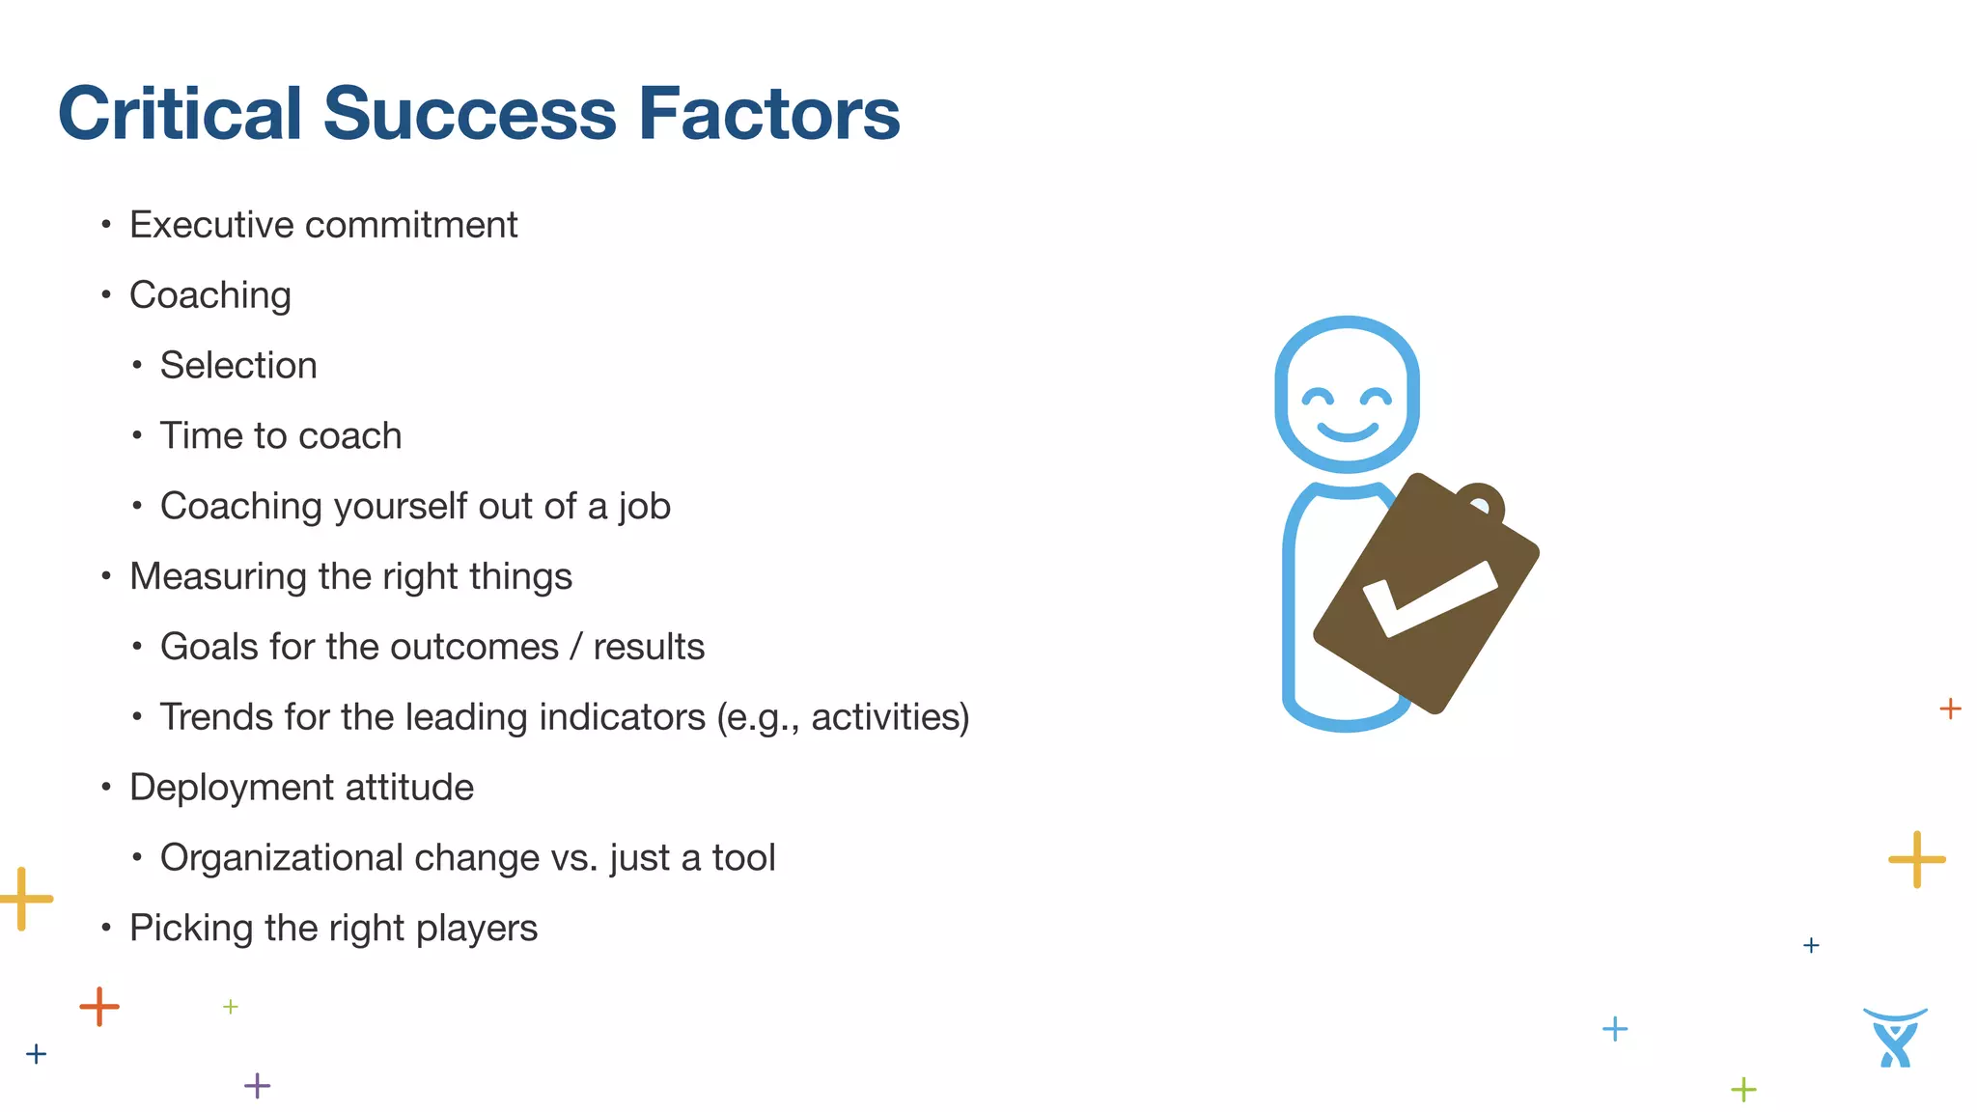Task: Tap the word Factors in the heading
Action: pyautogui.click(x=768, y=114)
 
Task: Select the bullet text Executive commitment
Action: pyautogui.click(x=323, y=225)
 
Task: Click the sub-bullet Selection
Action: pyautogui.click(x=238, y=366)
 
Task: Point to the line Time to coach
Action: pyautogui.click(x=280, y=436)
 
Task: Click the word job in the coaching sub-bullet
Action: pyautogui.click(x=645, y=507)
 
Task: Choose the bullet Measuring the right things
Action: pyautogui.click(x=350, y=577)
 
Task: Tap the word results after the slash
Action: pyautogui.click(x=649, y=648)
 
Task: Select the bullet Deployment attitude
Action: pyautogui.click(x=301, y=788)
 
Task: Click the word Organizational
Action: pyautogui.click(x=282, y=858)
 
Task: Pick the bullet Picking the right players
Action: pyautogui.click(x=333, y=929)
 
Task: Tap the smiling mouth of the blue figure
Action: pyautogui.click(x=1348, y=431)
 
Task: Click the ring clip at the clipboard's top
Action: pyautogui.click(x=1480, y=502)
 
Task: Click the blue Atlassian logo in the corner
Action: pyautogui.click(x=1895, y=1038)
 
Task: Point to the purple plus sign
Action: pyautogui.click(x=257, y=1086)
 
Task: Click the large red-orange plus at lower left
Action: pyautogui.click(x=98, y=1007)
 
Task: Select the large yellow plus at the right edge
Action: pyautogui.click(x=1916, y=859)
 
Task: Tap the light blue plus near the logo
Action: pyautogui.click(x=1614, y=1029)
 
